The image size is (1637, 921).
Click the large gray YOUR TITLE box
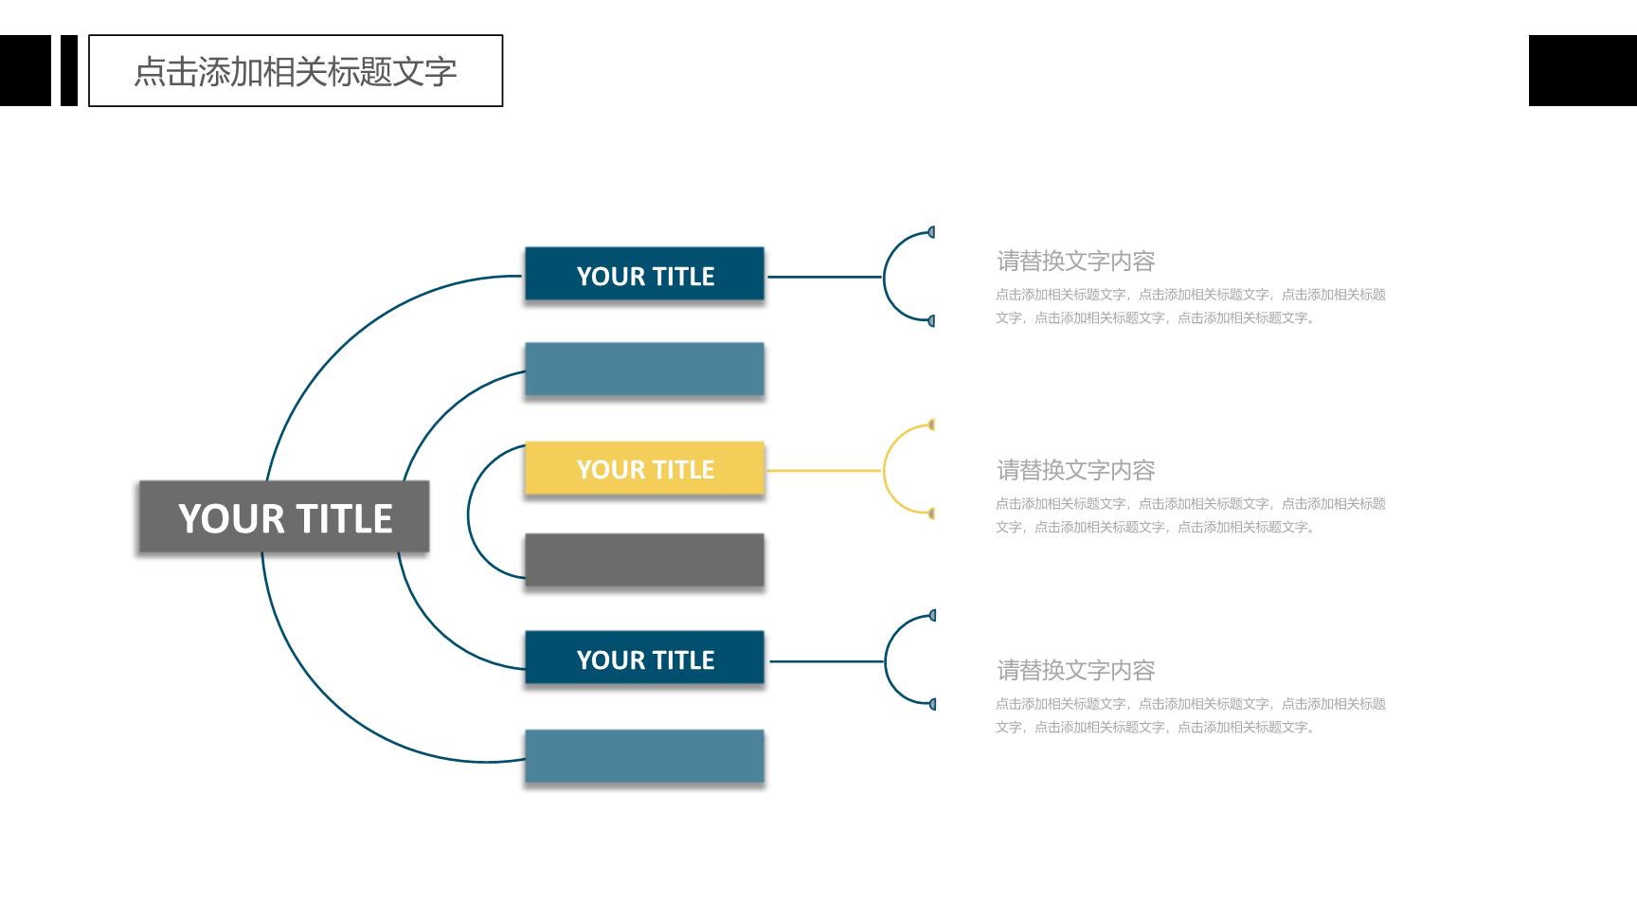tap(284, 516)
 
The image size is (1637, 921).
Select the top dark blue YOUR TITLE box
tap(644, 274)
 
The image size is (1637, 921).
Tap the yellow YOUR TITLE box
tap(644, 468)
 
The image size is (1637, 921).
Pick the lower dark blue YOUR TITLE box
tap(644, 658)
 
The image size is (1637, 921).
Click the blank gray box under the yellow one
tap(644, 560)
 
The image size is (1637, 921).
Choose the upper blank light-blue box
tap(644, 370)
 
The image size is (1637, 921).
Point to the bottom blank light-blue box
tap(644, 756)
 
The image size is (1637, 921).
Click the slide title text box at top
tap(296, 71)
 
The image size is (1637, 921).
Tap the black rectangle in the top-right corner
tap(1583, 71)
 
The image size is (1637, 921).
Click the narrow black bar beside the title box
tap(69, 71)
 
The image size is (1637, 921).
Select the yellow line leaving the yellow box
tap(824, 470)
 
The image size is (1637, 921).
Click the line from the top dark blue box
tap(824, 277)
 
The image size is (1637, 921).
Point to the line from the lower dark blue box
tap(826, 661)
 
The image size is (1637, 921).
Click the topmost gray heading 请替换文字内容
tap(1075, 261)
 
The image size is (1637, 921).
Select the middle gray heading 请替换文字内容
tap(1075, 470)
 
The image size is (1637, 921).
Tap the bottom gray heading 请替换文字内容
tap(1075, 670)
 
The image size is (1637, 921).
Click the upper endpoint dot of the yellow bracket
tap(932, 424)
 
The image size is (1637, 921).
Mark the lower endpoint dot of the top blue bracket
tap(932, 321)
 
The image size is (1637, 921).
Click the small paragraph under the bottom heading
tap(1191, 715)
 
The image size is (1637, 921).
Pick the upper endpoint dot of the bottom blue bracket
tap(933, 616)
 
